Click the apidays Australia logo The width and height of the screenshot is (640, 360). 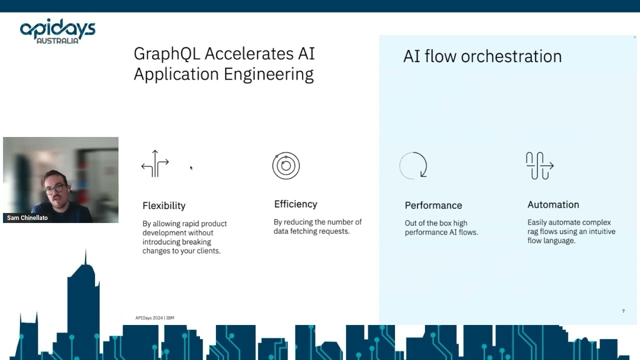[x=57, y=31]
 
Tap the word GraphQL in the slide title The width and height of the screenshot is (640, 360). [x=167, y=54]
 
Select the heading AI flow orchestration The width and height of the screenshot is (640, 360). [x=482, y=56]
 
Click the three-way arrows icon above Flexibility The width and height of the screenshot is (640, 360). [x=155, y=163]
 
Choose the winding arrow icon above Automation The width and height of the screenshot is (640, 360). [x=539, y=165]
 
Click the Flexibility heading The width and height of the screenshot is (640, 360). [x=164, y=205]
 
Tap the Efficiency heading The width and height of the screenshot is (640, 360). [x=295, y=204]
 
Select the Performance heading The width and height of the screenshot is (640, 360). [x=433, y=205]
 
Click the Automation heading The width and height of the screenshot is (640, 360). [x=553, y=204]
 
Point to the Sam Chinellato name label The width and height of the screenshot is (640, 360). [x=27, y=217]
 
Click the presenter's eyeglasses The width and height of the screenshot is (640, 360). [x=55, y=189]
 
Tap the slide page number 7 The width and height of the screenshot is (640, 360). [x=623, y=311]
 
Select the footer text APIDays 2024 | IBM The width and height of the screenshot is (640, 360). [x=154, y=317]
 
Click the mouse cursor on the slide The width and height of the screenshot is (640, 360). [x=191, y=167]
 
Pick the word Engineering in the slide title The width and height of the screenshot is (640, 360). [x=268, y=74]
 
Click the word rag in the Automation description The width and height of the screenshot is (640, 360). [x=532, y=232]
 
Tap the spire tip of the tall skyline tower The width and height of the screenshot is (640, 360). [x=85, y=249]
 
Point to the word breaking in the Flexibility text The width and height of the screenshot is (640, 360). [x=196, y=242]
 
